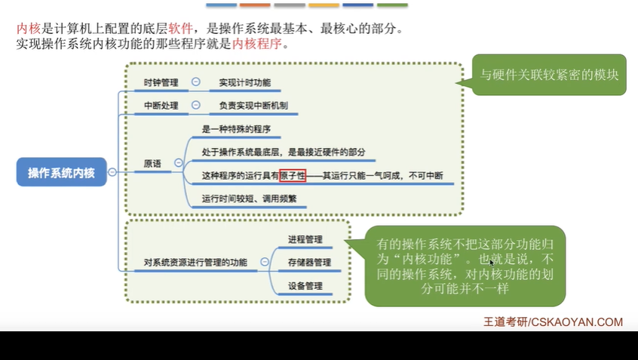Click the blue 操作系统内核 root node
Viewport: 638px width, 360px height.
click(61, 172)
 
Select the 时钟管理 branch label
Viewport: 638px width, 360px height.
click(161, 82)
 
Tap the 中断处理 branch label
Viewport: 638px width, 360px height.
click(161, 106)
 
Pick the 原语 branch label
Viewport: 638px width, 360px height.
click(152, 163)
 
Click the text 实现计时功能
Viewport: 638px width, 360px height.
click(244, 82)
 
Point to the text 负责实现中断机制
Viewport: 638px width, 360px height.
click(253, 106)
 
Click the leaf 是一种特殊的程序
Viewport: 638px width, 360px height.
click(236, 129)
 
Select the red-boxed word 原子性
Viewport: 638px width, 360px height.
click(293, 176)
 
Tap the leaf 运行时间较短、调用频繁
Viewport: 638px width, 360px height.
click(249, 199)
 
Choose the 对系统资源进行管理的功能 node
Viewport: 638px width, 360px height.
click(195, 263)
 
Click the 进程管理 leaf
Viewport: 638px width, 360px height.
click(305, 239)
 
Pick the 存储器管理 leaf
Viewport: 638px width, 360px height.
click(309, 263)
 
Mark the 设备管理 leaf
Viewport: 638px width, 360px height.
click(305, 286)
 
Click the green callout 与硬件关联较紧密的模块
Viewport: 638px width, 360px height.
click(550, 74)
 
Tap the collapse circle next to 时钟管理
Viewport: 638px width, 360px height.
click(196, 82)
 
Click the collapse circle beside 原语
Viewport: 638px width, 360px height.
click(179, 163)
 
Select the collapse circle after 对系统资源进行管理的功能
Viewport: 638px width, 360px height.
click(265, 263)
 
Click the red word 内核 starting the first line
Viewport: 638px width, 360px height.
click(28, 29)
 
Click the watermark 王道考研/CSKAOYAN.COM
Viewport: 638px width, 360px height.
click(553, 322)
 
